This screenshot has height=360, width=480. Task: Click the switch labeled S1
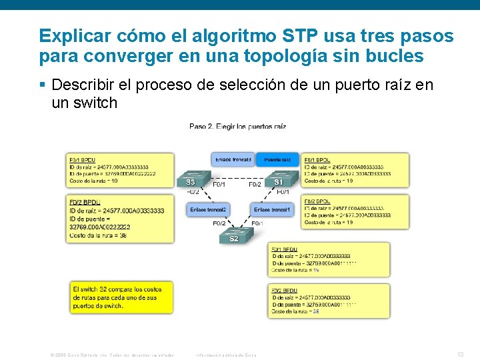277,180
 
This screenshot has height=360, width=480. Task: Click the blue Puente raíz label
277,160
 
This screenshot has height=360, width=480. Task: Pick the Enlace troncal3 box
233,160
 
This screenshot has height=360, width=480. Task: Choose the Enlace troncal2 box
208,210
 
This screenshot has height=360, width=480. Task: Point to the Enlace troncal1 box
272,210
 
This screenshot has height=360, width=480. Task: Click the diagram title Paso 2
237,126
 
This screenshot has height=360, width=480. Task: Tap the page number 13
459,355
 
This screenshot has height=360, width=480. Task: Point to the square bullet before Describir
43,85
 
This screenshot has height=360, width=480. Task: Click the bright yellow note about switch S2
121,297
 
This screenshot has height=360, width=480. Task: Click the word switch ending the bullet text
96,103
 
